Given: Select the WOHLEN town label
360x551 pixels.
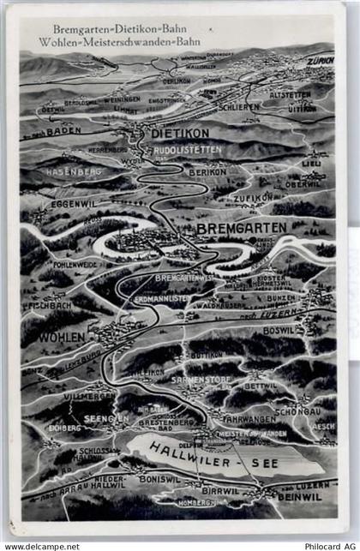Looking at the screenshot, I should [62, 337].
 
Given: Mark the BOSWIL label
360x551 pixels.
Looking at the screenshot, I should [279, 329].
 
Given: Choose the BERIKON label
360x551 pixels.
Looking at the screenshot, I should [207, 171].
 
